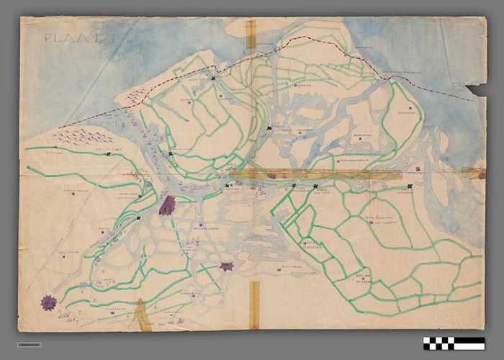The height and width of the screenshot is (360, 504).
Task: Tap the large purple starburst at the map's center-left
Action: [x=167, y=206]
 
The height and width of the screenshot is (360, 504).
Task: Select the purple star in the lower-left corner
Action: [x=48, y=303]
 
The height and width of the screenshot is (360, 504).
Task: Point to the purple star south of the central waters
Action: [x=227, y=266]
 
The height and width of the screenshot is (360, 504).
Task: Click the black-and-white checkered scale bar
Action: [x=454, y=343]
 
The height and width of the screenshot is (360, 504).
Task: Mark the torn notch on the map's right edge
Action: [x=474, y=92]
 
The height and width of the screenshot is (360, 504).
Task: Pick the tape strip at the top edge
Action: [x=251, y=35]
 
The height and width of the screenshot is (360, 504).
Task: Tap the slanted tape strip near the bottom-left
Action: [x=143, y=315]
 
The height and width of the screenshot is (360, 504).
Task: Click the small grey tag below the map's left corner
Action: [x=29, y=345]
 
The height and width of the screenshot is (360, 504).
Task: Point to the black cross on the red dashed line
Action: [x=213, y=78]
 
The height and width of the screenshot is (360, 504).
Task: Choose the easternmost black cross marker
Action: [x=409, y=186]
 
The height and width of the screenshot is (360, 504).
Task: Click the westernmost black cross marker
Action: [x=108, y=154]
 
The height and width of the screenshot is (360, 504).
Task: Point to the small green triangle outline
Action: [x=99, y=282]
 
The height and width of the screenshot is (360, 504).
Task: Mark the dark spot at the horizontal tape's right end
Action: [x=481, y=175]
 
